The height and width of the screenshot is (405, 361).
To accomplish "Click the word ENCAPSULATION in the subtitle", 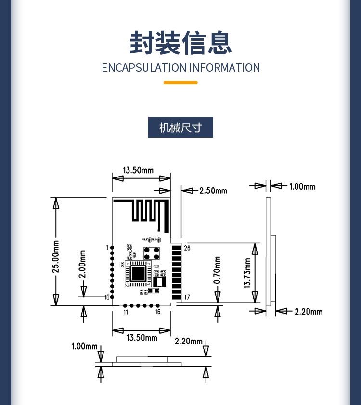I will point(144,68).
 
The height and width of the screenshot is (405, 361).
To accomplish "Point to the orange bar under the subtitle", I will point(180,83).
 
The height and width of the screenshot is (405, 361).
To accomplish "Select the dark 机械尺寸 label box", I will point(180,127).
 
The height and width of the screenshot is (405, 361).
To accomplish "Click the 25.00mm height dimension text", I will point(56,255).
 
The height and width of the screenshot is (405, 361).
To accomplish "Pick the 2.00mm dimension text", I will point(83,264).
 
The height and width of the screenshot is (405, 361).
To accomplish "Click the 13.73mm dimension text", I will point(247,273).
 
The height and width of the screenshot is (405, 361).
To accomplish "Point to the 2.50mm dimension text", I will point(213,190).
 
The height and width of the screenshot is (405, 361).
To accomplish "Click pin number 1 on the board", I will point(107,247).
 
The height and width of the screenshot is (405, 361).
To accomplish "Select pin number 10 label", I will point(107,297).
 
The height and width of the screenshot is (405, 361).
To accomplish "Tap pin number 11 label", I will point(126,312).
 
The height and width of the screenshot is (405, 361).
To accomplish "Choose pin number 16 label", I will point(157,312).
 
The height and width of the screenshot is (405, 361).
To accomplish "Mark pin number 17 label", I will point(187,297).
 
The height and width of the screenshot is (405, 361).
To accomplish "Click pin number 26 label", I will point(187,248).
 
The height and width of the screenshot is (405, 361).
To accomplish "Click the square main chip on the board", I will point(138,273).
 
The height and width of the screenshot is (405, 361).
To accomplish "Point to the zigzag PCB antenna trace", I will point(144,213).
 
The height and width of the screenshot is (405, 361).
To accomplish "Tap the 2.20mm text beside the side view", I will point(309,312).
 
